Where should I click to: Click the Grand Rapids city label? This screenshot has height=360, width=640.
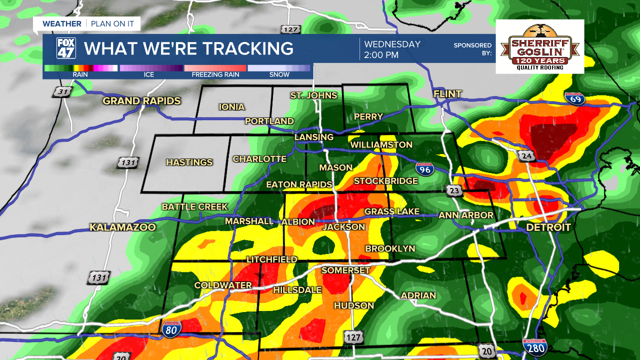coord(141,101)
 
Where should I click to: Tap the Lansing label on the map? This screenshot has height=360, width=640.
coord(313,137)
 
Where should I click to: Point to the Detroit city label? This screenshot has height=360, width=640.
coord(548,227)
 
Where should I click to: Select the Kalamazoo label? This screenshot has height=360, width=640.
coord(122,227)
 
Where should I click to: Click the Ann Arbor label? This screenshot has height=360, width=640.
coord(465,215)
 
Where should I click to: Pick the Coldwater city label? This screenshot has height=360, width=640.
coord(223,285)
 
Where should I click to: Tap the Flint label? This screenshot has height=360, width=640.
coord(447,94)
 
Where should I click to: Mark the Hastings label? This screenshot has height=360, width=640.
coord(189,162)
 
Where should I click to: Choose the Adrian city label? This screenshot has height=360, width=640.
coord(418,295)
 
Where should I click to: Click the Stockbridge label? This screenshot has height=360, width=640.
coord(385,181)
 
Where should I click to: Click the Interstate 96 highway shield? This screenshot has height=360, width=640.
coord(424,169)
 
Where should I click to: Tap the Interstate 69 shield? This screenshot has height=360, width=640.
coord(574,99)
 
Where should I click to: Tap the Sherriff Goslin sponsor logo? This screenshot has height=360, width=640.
coord(539,46)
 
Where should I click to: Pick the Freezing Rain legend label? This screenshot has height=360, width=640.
coord(215,75)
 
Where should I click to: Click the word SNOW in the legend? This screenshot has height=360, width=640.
coord(279,75)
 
